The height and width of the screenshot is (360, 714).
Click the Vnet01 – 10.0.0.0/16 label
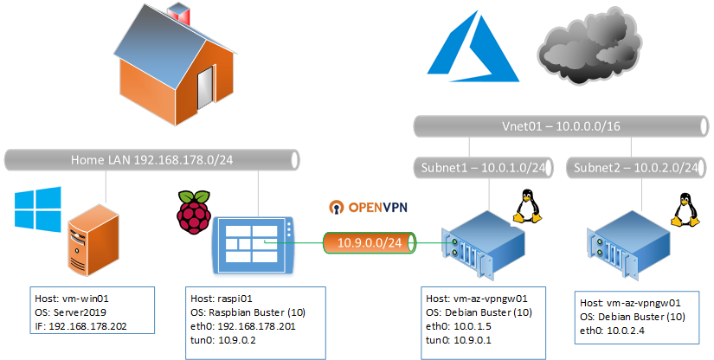(560, 126)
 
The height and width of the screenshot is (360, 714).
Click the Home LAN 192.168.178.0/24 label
(152, 159)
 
